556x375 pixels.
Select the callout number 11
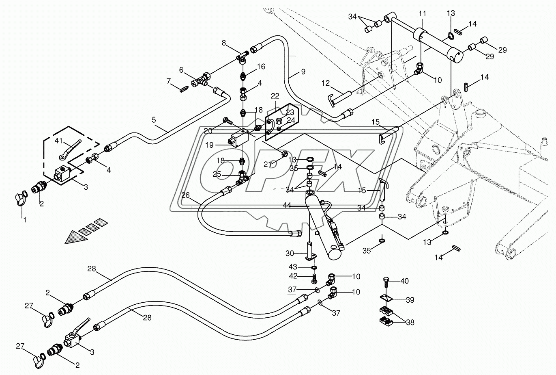click(x=422, y=13)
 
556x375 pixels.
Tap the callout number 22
click(x=275, y=96)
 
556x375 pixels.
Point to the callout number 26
click(x=185, y=195)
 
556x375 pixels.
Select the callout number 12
click(x=326, y=84)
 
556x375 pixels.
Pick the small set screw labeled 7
click(x=185, y=88)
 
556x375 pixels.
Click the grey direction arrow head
click(x=75, y=237)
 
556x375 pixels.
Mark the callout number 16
click(x=261, y=66)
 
